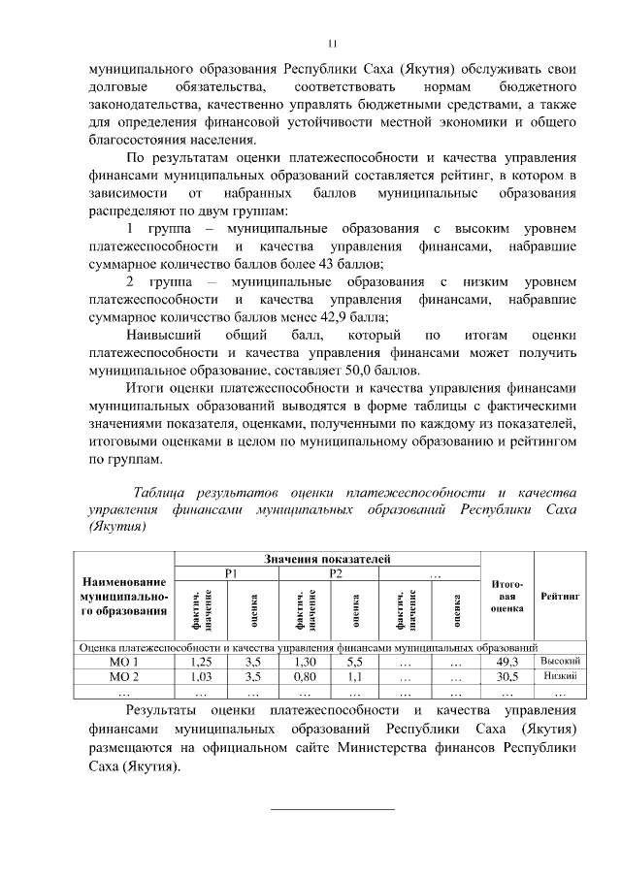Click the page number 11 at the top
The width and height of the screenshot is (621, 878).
click(331, 43)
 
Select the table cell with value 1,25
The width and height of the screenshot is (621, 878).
click(200, 661)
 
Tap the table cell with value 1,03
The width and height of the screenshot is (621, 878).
click(200, 676)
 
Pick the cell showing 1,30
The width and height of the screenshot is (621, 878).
click(305, 661)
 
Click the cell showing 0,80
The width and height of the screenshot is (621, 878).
click(305, 676)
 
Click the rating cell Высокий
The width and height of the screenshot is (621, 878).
click(560, 661)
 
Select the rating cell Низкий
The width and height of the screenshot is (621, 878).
click(560, 676)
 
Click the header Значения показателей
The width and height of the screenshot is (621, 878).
click(326, 559)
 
